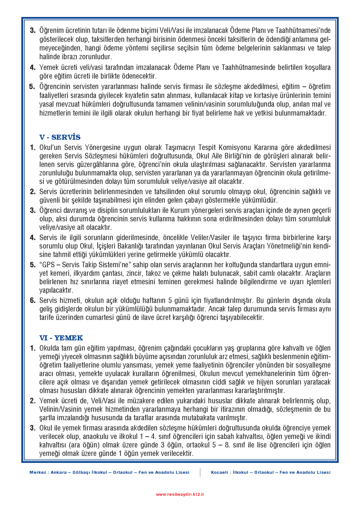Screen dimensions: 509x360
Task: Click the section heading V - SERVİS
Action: pyautogui.click(x=60, y=137)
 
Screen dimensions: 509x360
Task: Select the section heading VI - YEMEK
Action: pyautogui.click(x=61, y=338)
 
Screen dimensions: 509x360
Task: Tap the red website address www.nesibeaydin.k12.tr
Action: pyautogui.click(x=180, y=494)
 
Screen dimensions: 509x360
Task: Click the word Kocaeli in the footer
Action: pyautogui.click(x=219, y=472)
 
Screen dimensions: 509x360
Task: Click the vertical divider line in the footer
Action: pyautogui.click(x=200, y=472)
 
